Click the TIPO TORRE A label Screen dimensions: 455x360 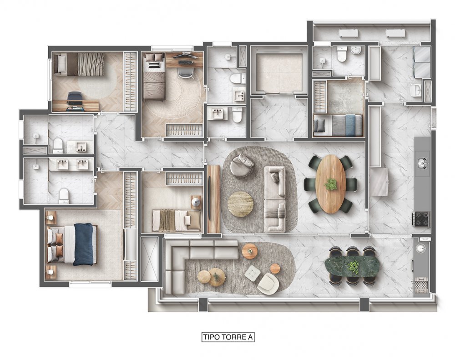(228, 337)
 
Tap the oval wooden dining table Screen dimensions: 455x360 (331, 184)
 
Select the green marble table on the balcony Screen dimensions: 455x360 (352, 266)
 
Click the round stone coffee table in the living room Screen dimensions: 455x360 (240, 204)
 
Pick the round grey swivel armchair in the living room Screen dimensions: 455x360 (242, 166)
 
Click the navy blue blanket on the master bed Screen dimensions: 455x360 (84, 244)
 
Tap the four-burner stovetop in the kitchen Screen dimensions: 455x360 (420, 219)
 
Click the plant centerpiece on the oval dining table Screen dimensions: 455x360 (331, 184)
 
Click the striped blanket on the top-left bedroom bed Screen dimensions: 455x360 (91, 64)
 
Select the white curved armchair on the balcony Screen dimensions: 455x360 (268, 284)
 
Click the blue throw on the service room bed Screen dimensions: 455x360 (350, 125)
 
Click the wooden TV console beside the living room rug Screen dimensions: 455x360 (214, 199)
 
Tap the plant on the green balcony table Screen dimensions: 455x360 (353, 267)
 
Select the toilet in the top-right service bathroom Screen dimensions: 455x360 (342, 54)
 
